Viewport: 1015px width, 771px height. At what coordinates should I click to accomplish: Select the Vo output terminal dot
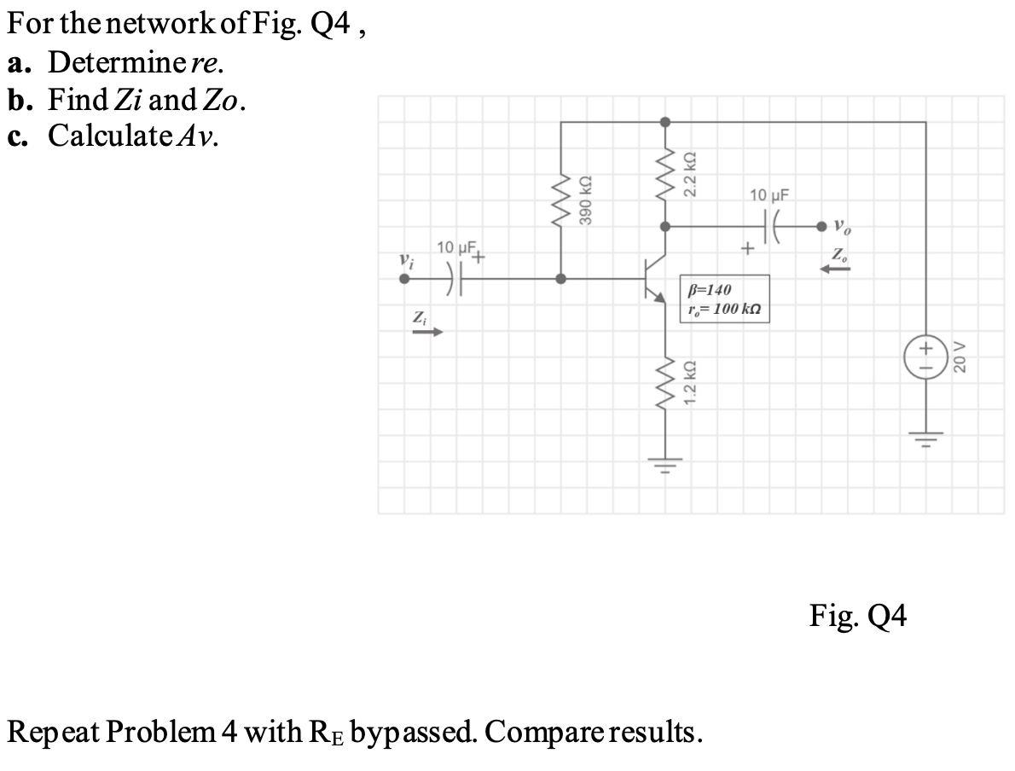(822, 227)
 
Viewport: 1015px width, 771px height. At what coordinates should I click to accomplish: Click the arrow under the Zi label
(425, 333)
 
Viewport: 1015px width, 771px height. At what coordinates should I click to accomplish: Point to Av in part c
(199, 136)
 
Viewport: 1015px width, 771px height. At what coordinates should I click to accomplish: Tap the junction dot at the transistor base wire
(560, 278)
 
